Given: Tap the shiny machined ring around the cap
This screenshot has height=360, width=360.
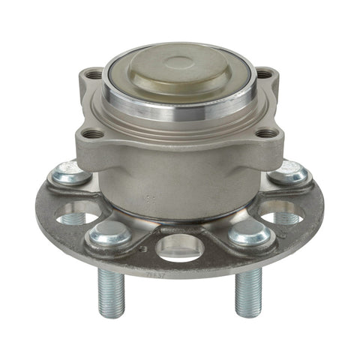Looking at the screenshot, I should click(x=180, y=105).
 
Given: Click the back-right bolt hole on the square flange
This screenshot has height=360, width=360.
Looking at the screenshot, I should click(x=264, y=74).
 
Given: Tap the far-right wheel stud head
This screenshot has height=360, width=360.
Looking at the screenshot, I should click(x=290, y=174).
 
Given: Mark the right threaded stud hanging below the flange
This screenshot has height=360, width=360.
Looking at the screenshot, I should click(x=247, y=292).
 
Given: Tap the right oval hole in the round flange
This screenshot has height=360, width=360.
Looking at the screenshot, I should click(x=283, y=214).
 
